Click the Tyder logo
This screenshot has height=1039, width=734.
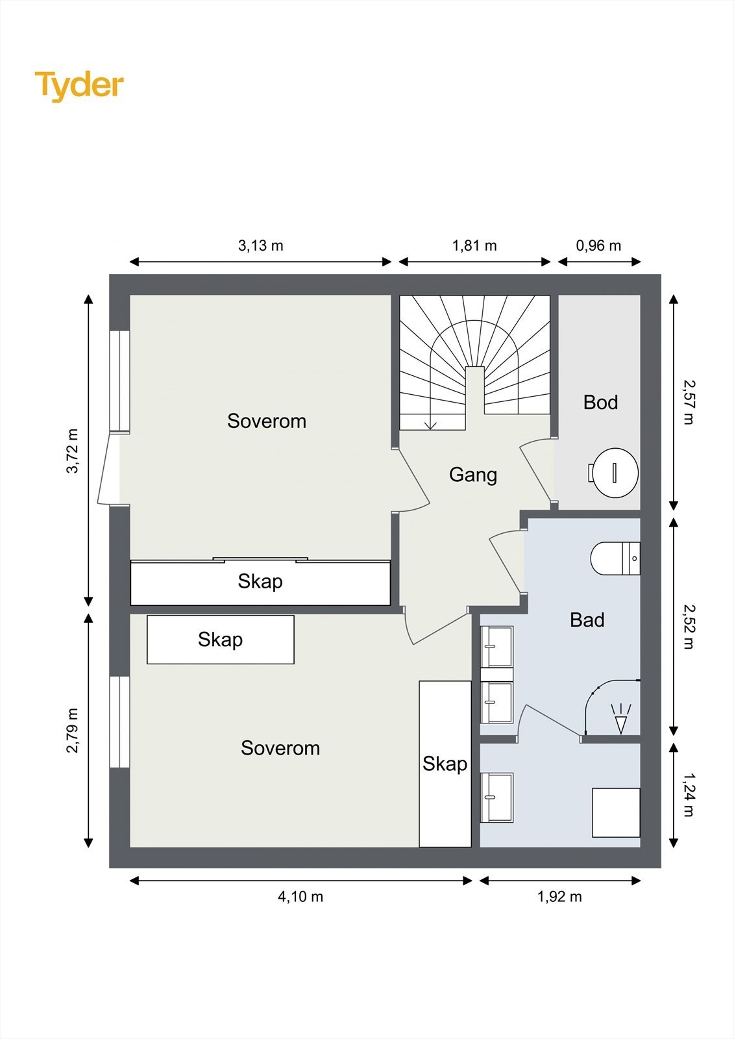(x=79, y=86)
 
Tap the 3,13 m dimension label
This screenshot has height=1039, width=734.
(x=261, y=245)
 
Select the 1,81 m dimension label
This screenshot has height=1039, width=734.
(x=474, y=245)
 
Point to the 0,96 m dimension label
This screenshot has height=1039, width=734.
(x=598, y=245)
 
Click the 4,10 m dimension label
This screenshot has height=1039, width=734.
(x=300, y=897)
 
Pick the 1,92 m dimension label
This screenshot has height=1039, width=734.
(x=559, y=897)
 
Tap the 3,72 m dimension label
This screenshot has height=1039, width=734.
(x=73, y=451)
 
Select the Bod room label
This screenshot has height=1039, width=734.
(x=600, y=402)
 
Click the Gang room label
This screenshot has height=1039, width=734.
(x=473, y=475)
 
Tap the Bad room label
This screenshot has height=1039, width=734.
(x=587, y=620)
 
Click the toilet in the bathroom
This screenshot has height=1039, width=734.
(x=615, y=558)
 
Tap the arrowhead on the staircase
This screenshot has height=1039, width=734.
(x=431, y=425)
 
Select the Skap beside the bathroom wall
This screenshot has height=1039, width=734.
(x=445, y=764)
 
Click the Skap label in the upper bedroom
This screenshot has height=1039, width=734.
(x=260, y=581)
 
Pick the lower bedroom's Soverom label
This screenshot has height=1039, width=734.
(x=280, y=748)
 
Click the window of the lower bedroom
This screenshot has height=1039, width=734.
(x=119, y=721)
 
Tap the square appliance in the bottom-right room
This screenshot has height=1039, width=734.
(x=617, y=812)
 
